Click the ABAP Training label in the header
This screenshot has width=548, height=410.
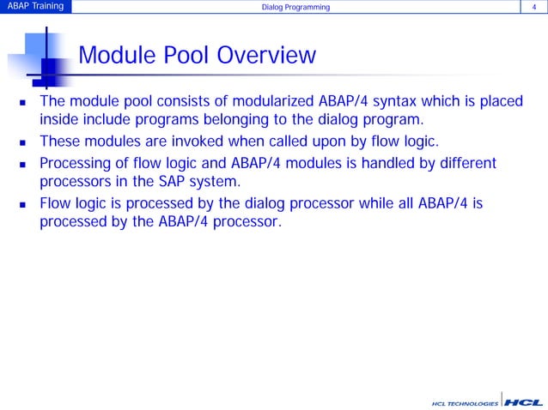(x=34, y=8)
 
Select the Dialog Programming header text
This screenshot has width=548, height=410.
(x=295, y=8)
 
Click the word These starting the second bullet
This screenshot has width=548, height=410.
(x=61, y=142)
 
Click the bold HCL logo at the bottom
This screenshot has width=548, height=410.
(x=521, y=401)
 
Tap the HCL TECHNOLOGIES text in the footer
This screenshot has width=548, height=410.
(x=464, y=402)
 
